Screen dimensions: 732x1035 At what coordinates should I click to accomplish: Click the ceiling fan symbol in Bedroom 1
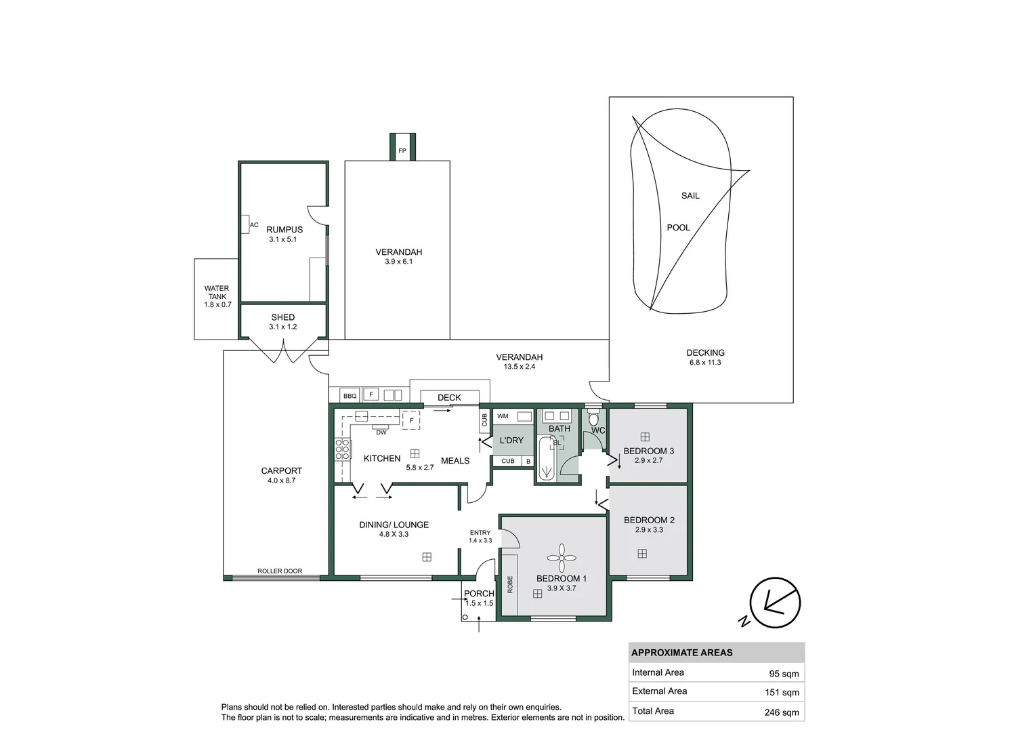coord(561,558)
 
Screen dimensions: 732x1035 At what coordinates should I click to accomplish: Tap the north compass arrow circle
coord(776,603)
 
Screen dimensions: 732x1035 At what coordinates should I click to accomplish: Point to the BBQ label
coord(350,396)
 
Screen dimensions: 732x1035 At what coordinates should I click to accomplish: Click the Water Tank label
coord(217,292)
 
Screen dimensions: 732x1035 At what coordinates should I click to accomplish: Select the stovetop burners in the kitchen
coord(343,449)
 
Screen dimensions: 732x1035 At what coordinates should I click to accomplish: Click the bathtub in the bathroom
coord(546,460)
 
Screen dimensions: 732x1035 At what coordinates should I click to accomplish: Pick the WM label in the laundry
coord(503,416)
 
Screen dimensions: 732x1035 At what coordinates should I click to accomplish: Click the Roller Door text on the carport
coord(280,571)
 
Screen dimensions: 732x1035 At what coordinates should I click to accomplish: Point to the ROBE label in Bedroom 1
coord(510,584)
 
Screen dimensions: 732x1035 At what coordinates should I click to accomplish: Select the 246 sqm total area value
coord(782,712)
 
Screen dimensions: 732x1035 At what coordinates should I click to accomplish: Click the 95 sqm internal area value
coord(784,674)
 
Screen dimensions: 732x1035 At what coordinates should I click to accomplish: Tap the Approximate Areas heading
coord(681,653)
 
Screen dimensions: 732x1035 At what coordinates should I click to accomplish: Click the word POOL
coord(678,228)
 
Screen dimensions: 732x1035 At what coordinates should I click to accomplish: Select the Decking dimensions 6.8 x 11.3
coord(705,363)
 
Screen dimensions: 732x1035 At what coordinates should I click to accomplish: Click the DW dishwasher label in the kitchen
coord(381,432)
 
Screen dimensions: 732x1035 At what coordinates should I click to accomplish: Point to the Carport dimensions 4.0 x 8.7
coord(281,481)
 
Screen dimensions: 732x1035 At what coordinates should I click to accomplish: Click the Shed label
coord(282,317)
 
